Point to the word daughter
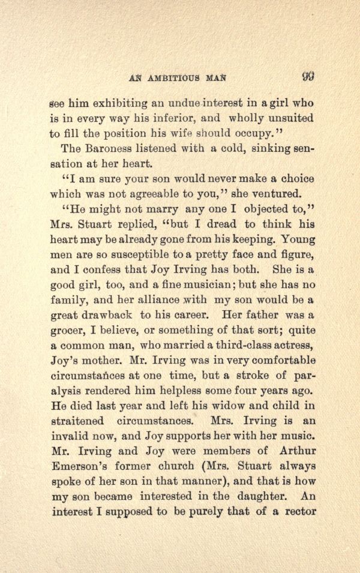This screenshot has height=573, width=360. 259,497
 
